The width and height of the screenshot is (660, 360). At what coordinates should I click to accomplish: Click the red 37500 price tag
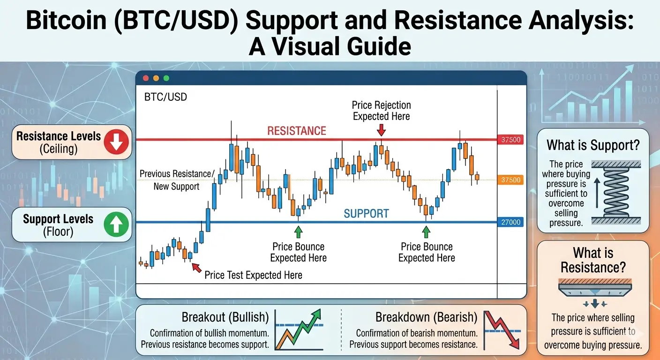point(510,140)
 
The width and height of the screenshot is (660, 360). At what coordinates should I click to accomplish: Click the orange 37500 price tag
point(510,180)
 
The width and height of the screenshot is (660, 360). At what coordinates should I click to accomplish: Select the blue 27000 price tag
point(510,222)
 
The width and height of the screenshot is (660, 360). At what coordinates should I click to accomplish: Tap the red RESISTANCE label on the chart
point(297,131)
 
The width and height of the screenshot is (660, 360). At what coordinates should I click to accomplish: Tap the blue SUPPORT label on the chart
point(366,214)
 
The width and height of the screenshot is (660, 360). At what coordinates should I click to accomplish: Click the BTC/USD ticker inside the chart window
point(165,97)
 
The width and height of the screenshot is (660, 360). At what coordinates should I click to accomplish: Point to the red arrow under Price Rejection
point(381,130)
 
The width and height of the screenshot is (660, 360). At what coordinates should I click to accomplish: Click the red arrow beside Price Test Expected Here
point(196,268)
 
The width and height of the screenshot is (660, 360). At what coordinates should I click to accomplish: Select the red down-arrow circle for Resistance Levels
point(116,142)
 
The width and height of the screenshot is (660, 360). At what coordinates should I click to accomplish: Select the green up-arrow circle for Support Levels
point(116,225)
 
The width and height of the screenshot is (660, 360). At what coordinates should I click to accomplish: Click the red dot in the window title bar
point(146,78)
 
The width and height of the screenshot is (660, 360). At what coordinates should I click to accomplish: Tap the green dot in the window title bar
point(166,78)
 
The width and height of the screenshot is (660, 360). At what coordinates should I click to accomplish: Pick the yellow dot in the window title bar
point(156,78)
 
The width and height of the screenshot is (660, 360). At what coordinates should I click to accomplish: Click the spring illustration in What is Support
point(616,192)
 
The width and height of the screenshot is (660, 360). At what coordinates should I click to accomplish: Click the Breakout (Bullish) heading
point(225,317)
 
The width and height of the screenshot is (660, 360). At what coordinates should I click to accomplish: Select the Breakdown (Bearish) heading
point(427,317)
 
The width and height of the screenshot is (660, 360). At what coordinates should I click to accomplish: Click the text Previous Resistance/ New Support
point(177,180)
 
